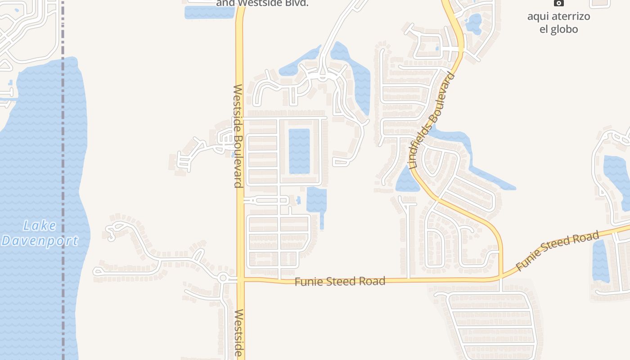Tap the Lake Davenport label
[40, 233]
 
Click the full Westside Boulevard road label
[238, 136]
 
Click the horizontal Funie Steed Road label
[340, 282]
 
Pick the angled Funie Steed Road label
[558, 251]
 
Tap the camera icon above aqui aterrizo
[558, 3]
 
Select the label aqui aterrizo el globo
[558, 23]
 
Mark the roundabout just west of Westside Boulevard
[222, 278]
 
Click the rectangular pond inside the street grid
[299, 151]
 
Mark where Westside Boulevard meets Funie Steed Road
[240, 280]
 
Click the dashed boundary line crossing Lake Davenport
[63, 180]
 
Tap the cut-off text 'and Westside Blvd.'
[262, 3]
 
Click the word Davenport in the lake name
[40, 241]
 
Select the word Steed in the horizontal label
[346, 282]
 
